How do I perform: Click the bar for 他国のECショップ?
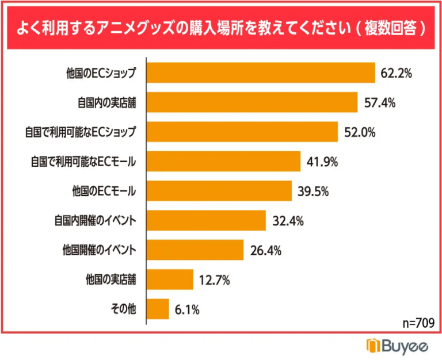click(x=262, y=72)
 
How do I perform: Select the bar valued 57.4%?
click(x=253, y=102)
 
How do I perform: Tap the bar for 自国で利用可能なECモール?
click(x=224, y=162)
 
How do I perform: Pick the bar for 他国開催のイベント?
click(x=196, y=250)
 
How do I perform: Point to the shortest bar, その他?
click(x=159, y=309)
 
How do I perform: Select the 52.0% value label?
click(x=360, y=132)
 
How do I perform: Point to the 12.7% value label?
click(x=215, y=280)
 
